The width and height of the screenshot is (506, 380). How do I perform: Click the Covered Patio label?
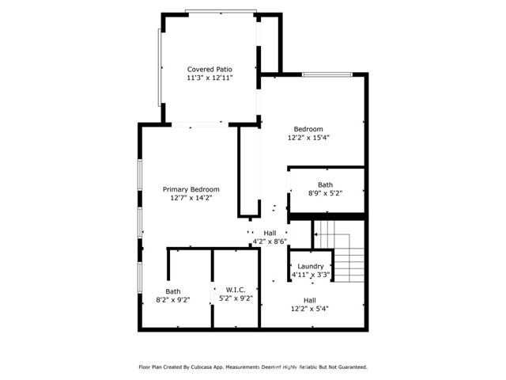pyautogui.click(x=210, y=69)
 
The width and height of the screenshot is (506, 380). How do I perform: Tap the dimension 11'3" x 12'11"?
pyautogui.click(x=210, y=78)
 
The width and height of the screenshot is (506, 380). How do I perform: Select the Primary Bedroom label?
pyautogui.click(x=191, y=189)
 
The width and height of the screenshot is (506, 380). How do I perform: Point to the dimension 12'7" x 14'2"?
pyautogui.click(x=191, y=199)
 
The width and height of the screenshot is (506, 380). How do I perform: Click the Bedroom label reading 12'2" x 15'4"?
pyautogui.click(x=308, y=129)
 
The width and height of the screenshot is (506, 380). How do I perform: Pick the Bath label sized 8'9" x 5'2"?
pyautogui.click(x=326, y=184)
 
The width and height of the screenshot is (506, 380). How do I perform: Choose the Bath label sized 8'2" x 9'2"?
pyautogui.click(x=172, y=291)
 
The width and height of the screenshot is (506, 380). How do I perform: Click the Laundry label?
pyautogui.click(x=312, y=267)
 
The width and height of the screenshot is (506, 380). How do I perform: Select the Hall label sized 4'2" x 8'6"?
pyautogui.click(x=270, y=233)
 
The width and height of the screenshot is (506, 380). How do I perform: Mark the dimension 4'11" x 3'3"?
pyautogui.click(x=312, y=275)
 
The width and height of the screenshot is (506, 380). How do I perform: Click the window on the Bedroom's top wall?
pyautogui.click(x=327, y=75)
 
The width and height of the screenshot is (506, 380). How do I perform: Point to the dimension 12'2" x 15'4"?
pyautogui.click(x=308, y=138)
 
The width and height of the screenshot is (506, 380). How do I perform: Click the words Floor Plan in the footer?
pyautogui.click(x=153, y=367)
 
